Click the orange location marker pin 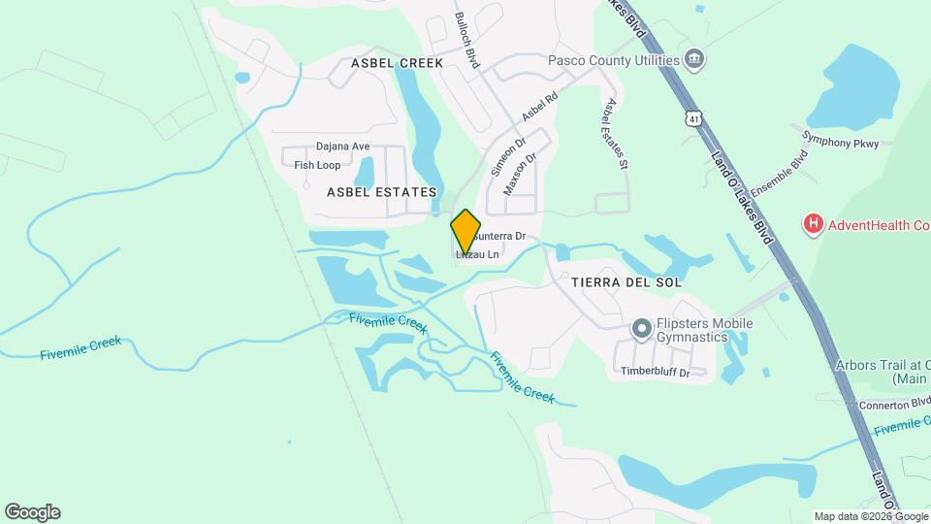click(x=466, y=231)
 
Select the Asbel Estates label click(x=381, y=192)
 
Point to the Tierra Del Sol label click(x=626, y=282)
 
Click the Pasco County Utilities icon click(x=694, y=60)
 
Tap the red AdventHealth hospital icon click(x=813, y=225)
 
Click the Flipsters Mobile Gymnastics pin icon click(x=641, y=329)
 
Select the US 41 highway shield click(x=692, y=118)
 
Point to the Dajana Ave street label click(x=343, y=147)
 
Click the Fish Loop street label click(x=317, y=165)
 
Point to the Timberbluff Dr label click(x=655, y=372)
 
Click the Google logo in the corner click(x=32, y=512)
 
